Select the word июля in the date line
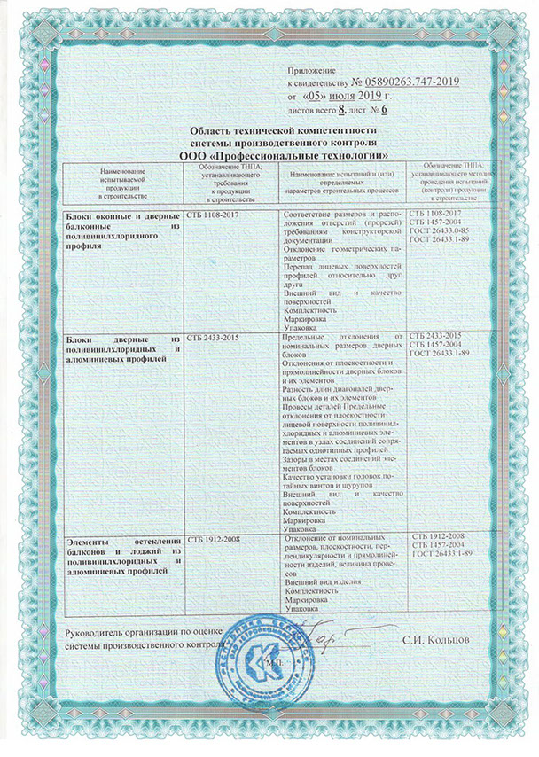coord(348,93)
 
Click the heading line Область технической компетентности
coord(279,130)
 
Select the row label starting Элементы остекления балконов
coord(124,550)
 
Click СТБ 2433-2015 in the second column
coord(215,339)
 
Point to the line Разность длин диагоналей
coord(340,389)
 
